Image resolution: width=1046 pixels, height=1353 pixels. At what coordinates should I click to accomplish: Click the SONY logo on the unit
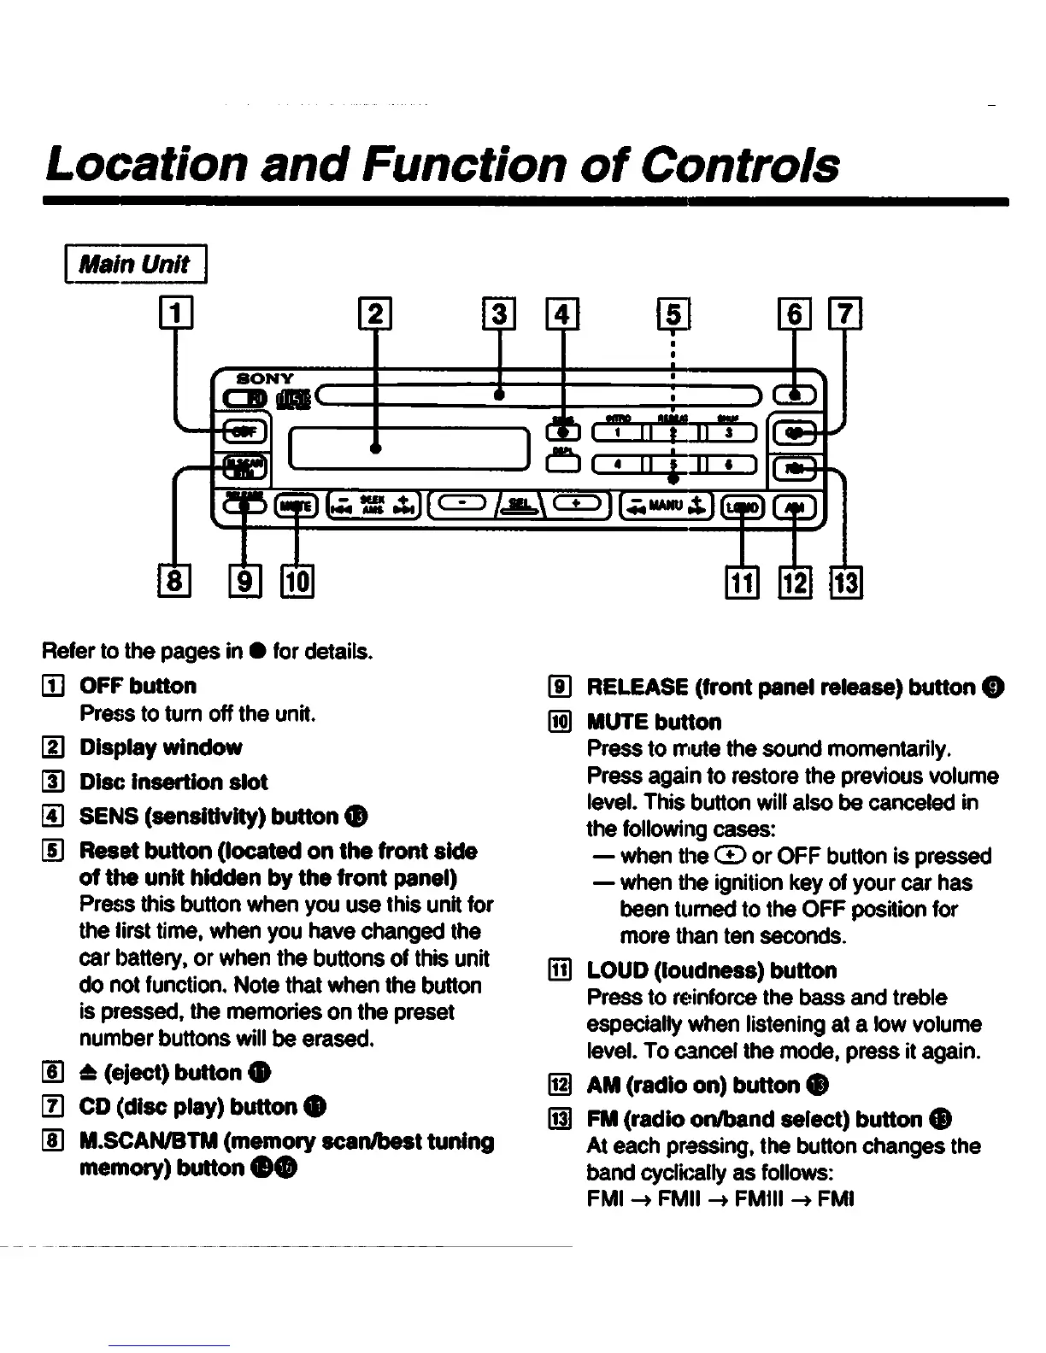pyautogui.click(x=265, y=378)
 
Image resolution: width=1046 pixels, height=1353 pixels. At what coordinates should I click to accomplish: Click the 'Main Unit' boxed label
pyautogui.click(x=135, y=263)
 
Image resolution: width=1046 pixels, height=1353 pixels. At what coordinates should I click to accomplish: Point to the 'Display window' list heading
pyautogui.click(x=161, y=747)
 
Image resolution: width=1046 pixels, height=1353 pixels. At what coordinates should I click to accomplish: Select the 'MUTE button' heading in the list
pyautogui.click(x=654, y=722)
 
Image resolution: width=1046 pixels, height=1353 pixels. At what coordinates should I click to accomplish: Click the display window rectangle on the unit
pyautogui.click(x=408, y=448)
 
